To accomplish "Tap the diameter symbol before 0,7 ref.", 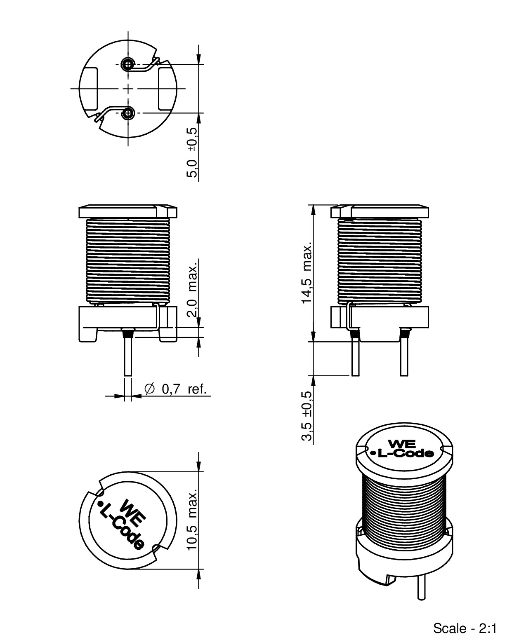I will click(149, 389).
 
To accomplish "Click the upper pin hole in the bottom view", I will click(128, 64).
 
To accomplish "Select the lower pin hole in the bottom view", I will click(129, 112).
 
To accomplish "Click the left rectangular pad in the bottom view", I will click(90, 89).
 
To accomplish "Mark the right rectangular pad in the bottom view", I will click(166, 89).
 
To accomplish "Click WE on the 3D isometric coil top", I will click(399, 444).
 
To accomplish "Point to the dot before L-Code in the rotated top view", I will click(100, 504).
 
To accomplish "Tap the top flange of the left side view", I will click(128, 211).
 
